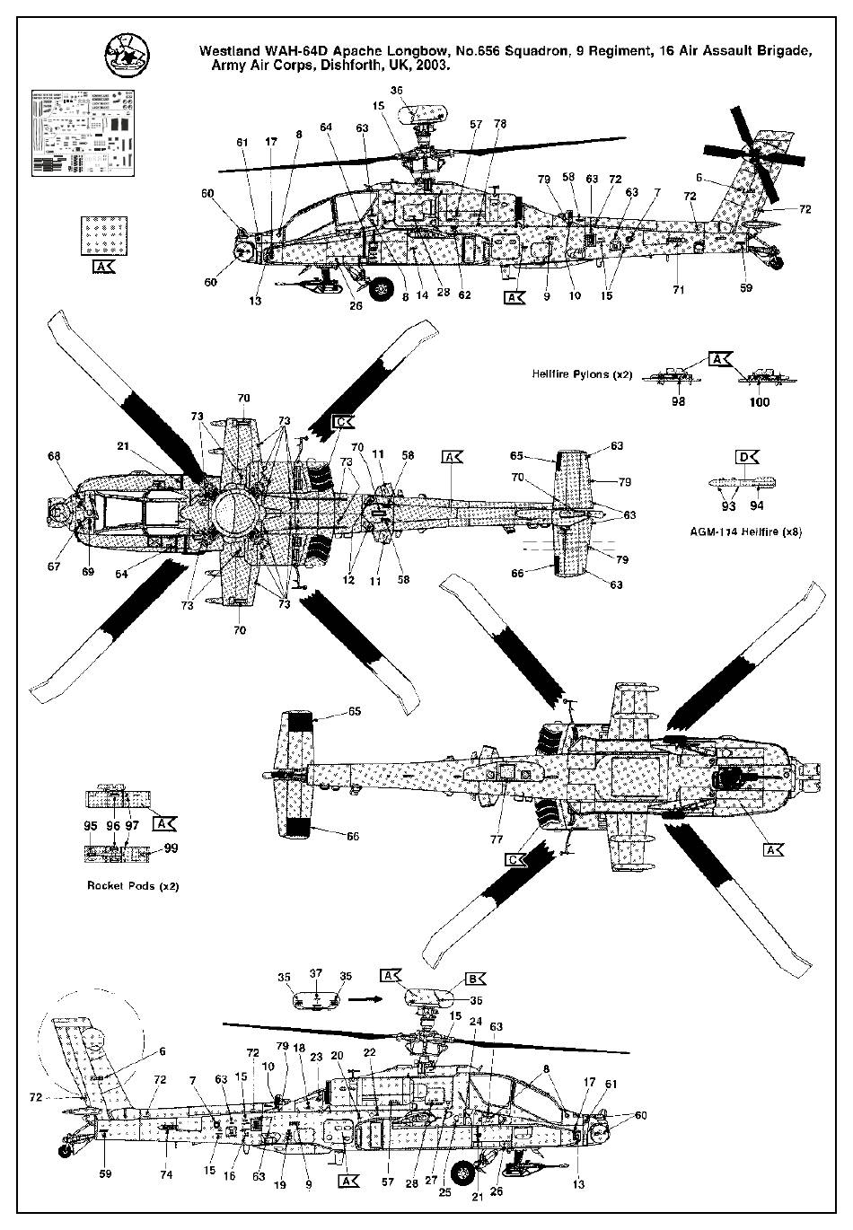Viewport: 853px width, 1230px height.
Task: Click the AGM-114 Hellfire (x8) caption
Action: (x=752, y=532)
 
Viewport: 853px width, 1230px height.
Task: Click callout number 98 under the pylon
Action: (x=678, y=401)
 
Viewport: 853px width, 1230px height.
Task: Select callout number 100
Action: (x=760, y=401)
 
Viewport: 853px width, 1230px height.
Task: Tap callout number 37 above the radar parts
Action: (x=315, y=973)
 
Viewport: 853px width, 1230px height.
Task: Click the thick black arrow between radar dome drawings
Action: (x=363, y=997)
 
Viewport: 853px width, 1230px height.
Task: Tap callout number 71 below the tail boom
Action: (x=679, y=290)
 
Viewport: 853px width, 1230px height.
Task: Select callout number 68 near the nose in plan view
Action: (x=55, y=456)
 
